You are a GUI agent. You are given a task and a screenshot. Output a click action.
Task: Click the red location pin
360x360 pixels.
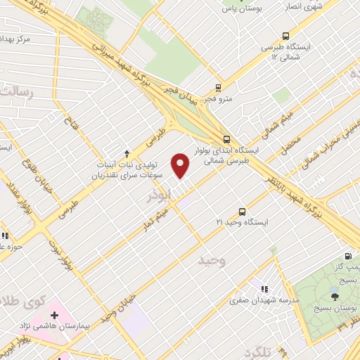pyautogui.click(x=181, y=166)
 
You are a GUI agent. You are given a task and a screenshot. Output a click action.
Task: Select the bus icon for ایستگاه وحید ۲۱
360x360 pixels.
pyautogui.click(x=243, y=210)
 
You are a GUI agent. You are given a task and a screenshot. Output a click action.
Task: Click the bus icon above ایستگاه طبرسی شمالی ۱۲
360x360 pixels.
pyautogui.click(x=285, y=35)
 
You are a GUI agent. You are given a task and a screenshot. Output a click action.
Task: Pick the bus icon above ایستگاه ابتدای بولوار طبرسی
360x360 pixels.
pyautogui.click(x=226, y=139)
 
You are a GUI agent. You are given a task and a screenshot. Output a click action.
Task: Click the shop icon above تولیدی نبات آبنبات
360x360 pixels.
pyautogui.click(x=127, y=153)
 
